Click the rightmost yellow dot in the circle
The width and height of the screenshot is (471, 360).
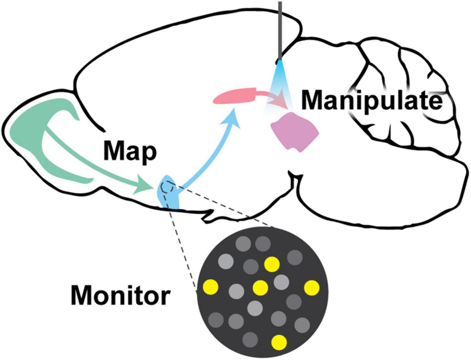pyautogui.click(x=312, y=287)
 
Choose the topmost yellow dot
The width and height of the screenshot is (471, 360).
pyautogui.click(x=272, y=264)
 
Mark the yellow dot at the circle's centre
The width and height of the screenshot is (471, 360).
pyautogui.click(x=260, y=287)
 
